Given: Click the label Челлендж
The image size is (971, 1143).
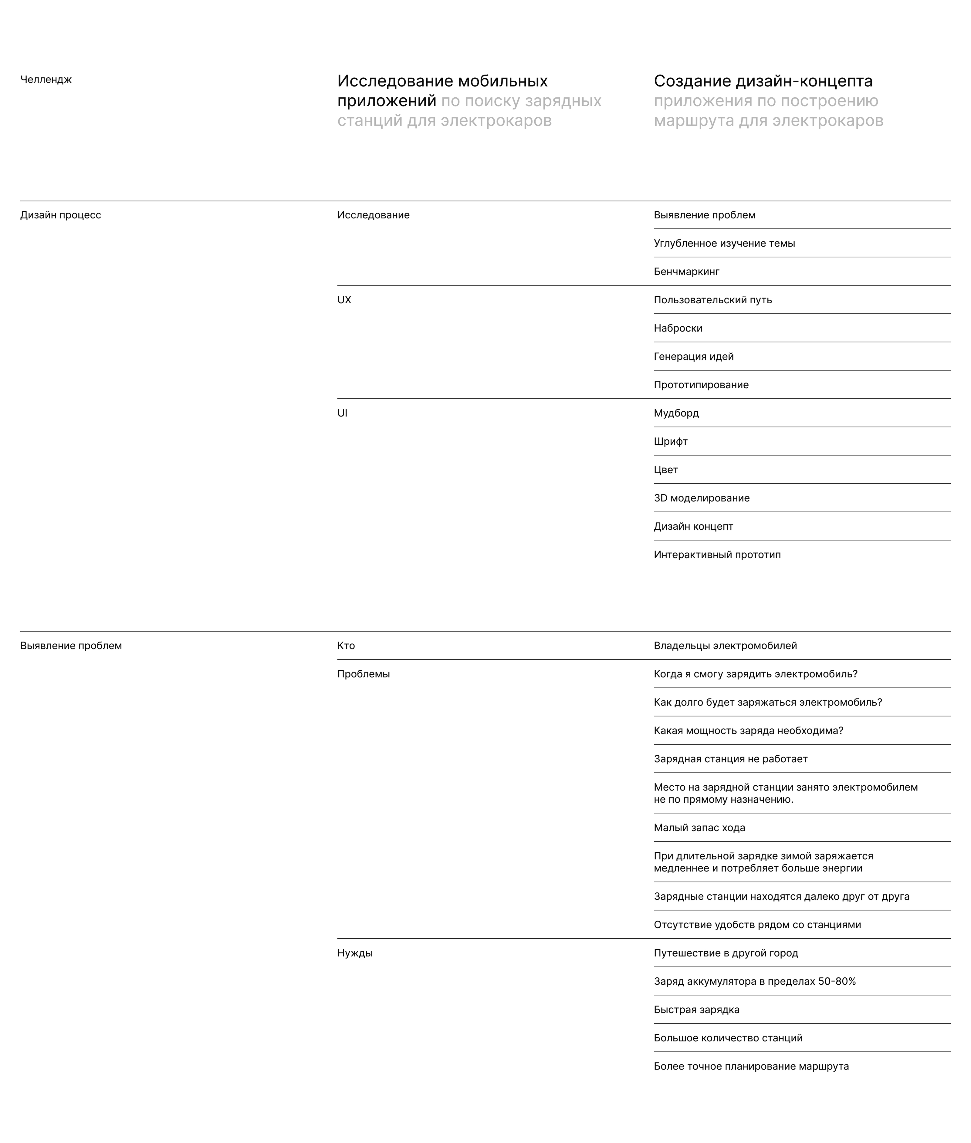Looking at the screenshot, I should tap(46, 80).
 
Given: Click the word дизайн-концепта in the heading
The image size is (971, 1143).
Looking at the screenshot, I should tap(804, 81).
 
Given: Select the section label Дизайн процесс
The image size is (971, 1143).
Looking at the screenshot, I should tap(61, 215).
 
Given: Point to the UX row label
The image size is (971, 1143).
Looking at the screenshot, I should tap(344, 300).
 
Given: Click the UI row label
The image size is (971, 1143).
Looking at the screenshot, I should tap(342, 413).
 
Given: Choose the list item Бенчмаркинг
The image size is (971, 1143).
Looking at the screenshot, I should tap(686, 272).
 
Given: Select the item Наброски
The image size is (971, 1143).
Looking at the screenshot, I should tap(678, 329).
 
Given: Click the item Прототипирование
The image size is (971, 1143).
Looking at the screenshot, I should tap(701, 385).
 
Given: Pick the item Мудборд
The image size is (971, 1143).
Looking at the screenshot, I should tap(676, 413).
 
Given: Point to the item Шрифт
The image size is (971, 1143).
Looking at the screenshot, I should tap(671, 442).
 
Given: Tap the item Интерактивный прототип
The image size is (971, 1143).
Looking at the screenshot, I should tap(717, 555).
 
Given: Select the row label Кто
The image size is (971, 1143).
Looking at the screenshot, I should tap(346, 646).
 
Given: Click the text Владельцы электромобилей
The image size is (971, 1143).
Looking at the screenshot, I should tap(725, 646).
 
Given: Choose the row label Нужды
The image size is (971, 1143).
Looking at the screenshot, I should tap(354, 953).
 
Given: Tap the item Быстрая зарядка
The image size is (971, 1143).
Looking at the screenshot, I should tap(696, 1010).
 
